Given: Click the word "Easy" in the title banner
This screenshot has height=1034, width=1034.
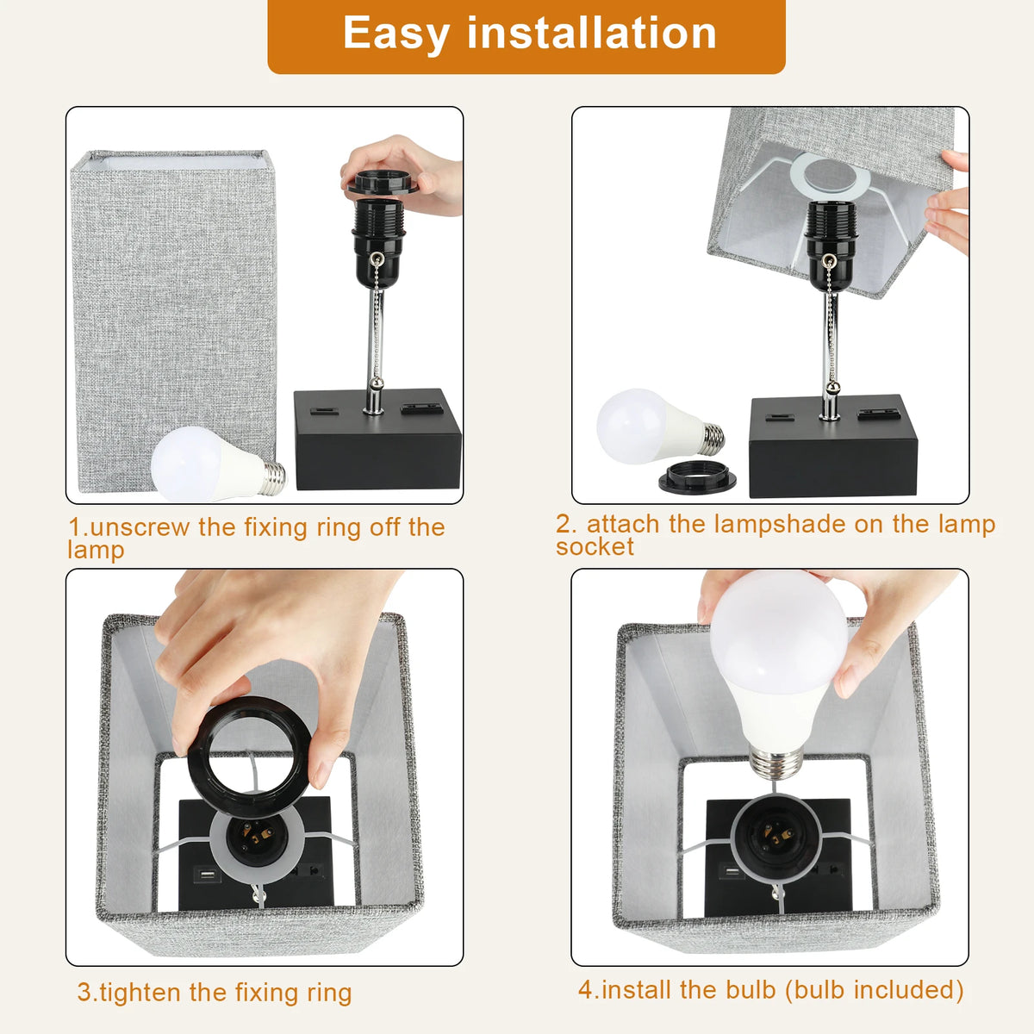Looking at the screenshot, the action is pos(396,34).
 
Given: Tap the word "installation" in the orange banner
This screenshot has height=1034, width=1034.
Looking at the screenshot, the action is pos(592,33).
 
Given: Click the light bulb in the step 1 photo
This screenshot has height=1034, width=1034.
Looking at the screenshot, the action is pos(218,464).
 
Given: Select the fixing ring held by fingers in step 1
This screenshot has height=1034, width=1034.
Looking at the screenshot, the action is pos(383,184).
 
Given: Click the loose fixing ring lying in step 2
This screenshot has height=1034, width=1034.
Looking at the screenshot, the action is pos(697,477).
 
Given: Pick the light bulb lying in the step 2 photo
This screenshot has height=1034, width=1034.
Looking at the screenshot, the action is pos(660,427).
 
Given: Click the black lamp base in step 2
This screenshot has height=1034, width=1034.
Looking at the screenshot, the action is pos(832,445).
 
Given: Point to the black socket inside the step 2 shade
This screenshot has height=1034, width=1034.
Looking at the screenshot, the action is pos(831,246).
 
